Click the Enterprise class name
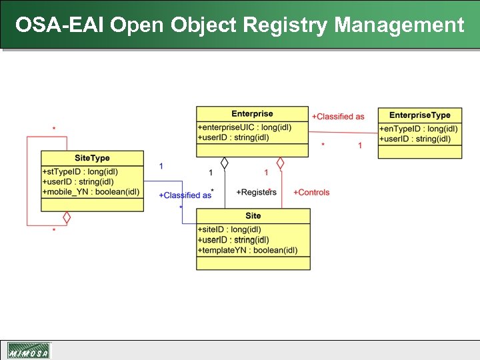(252, 114)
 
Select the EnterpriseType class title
(419, 115)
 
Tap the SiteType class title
(92, 158)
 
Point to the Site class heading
(253, 216)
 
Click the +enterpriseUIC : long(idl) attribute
(244, 127)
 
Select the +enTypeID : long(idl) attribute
(419, 129)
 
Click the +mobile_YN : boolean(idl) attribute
(91, 192)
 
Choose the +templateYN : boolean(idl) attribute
(247, 250)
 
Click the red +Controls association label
(311, 192)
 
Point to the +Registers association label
(256, 192)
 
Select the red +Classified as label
(338, 117)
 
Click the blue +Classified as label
(185, 195)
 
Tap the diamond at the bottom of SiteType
(67, 217)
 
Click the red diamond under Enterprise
(281, 163)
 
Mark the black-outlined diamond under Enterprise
(225, 163)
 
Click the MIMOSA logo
(28, 351)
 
